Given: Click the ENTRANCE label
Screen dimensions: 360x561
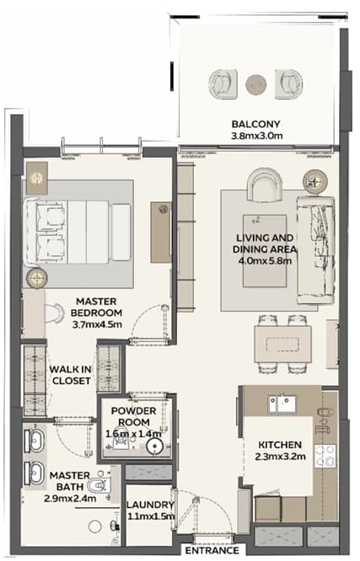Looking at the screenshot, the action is [x=212, y=550].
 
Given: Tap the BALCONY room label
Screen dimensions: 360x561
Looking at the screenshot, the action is [x=255, y=124].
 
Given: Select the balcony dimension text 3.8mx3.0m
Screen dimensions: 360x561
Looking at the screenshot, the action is [x=257, y=136].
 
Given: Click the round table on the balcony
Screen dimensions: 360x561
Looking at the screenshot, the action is [x=255, y=85].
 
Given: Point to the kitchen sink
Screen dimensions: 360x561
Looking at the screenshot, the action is [x=282, y=404].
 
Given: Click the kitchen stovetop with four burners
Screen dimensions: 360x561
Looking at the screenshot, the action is [x=325, y=457].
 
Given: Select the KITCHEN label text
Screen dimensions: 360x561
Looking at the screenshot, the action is [x=280, y=445].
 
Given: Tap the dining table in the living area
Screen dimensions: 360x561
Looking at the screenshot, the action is [x=283, y=345].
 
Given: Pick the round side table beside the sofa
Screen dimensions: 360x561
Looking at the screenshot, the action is [x=314, y=182].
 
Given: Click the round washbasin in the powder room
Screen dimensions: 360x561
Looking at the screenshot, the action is [x=155, y=446].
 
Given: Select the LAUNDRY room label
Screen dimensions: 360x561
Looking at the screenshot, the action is [x=150, y=505].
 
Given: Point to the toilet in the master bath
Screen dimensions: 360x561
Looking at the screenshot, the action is [x=98, y=485].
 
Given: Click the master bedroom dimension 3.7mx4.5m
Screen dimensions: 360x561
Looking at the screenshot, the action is [x=97, y=324].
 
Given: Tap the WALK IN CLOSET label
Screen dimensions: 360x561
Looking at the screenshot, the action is [x=71, y=375].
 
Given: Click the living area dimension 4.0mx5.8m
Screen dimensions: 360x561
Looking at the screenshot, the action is [x=265, y=260].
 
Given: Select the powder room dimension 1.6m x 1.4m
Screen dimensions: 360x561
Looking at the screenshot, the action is [x=133, y=434].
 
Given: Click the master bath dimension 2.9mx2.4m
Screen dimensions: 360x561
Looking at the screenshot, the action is [x=70, y=498].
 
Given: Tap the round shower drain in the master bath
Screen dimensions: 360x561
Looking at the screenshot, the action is [x=95, y=526].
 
